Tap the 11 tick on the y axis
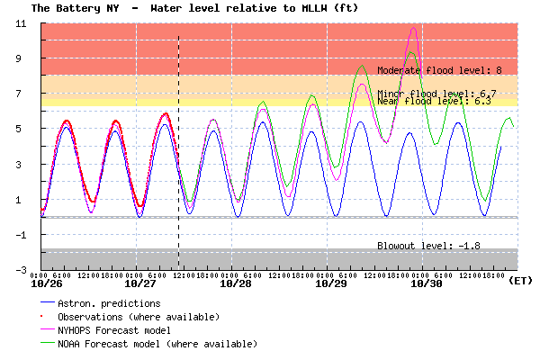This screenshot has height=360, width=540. click(x=20, y=22)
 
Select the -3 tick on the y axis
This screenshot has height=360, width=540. click(x=20, y=269)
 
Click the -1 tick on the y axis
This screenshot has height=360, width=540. click(x=20, y=234)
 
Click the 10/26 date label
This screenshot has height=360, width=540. click(x=47, y=283)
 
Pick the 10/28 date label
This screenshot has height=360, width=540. click(x=236, y=283)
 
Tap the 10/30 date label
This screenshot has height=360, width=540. click(x=426, y=283)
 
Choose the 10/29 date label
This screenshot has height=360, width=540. click(x=331, y=283)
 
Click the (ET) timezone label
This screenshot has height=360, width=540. click(x=520, y=281)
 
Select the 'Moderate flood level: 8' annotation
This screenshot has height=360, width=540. click(x=439, y=70)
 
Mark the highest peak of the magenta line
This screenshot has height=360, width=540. click(x=413, y=28)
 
